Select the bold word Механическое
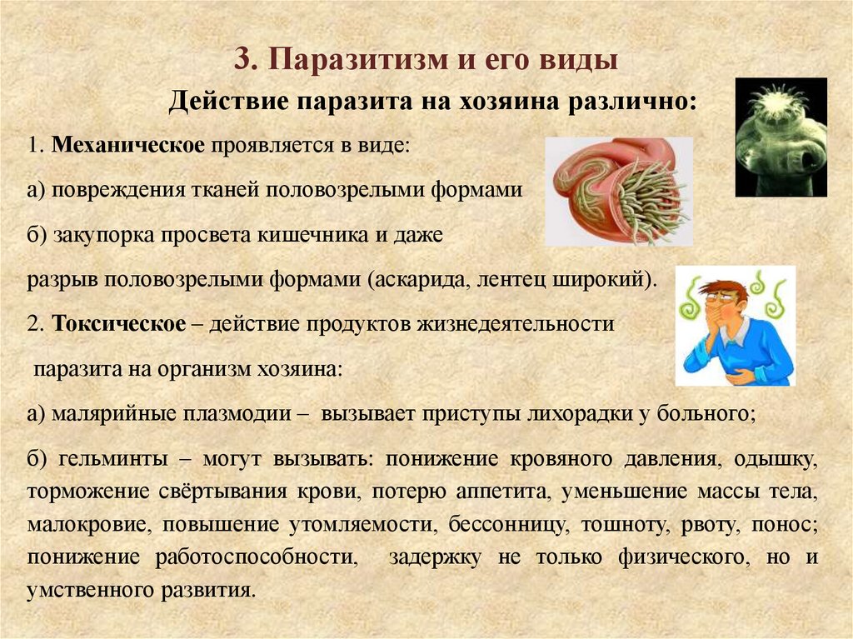tap(128, 145)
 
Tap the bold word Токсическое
tap(118, 325)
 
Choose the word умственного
tap(84, 592)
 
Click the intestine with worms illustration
tap(619, 192)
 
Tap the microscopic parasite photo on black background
tap(781, 137)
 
